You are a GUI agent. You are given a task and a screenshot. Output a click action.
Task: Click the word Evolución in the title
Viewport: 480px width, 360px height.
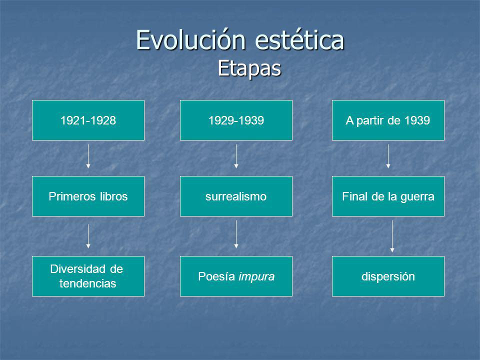(x=191, y=40)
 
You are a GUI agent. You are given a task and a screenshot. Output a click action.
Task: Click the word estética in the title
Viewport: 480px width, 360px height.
(x=299, y=40)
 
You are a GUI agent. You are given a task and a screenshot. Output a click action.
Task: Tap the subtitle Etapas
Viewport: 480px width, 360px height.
(x=249, y=68)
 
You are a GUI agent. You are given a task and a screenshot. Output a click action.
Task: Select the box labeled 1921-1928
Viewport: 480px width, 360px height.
(x=88, y=120)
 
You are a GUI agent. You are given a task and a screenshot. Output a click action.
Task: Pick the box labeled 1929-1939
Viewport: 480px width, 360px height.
(x=236, y=120)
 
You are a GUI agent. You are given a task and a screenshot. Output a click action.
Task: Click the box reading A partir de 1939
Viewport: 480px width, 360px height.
(x=388, y=120)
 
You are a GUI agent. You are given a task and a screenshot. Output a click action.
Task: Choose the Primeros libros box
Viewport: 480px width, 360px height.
(x=88, y=196)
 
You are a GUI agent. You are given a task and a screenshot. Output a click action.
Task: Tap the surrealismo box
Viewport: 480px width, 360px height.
(x=236, y=196)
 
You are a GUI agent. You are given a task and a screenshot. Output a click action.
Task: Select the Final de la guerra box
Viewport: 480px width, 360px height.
(x=388, y=196)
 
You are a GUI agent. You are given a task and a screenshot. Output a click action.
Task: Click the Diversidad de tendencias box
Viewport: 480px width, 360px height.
(x=88, y=276)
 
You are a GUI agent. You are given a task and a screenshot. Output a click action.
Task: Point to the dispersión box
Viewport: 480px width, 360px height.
(x=388, y=276)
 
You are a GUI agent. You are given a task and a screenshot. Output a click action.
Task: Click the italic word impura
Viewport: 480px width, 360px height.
(x=256, y=276)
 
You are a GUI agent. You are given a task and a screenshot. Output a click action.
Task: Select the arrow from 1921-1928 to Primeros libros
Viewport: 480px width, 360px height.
(x=88, y=156)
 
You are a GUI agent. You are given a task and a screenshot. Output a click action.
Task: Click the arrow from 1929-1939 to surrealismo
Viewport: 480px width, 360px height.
(x=236, y=156)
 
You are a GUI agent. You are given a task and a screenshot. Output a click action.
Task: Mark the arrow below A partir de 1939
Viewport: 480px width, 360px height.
(x=388, y=156)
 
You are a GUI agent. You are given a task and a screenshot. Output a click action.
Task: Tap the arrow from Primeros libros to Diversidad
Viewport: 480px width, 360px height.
(x=88, y=236)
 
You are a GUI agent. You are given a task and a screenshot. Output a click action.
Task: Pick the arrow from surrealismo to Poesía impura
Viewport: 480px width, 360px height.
(x=236, y=234)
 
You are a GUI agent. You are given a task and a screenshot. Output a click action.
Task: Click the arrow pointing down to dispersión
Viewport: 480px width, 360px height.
(x=392, y=236)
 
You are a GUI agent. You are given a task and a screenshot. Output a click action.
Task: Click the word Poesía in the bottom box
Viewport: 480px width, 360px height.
(x=216, y=276)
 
